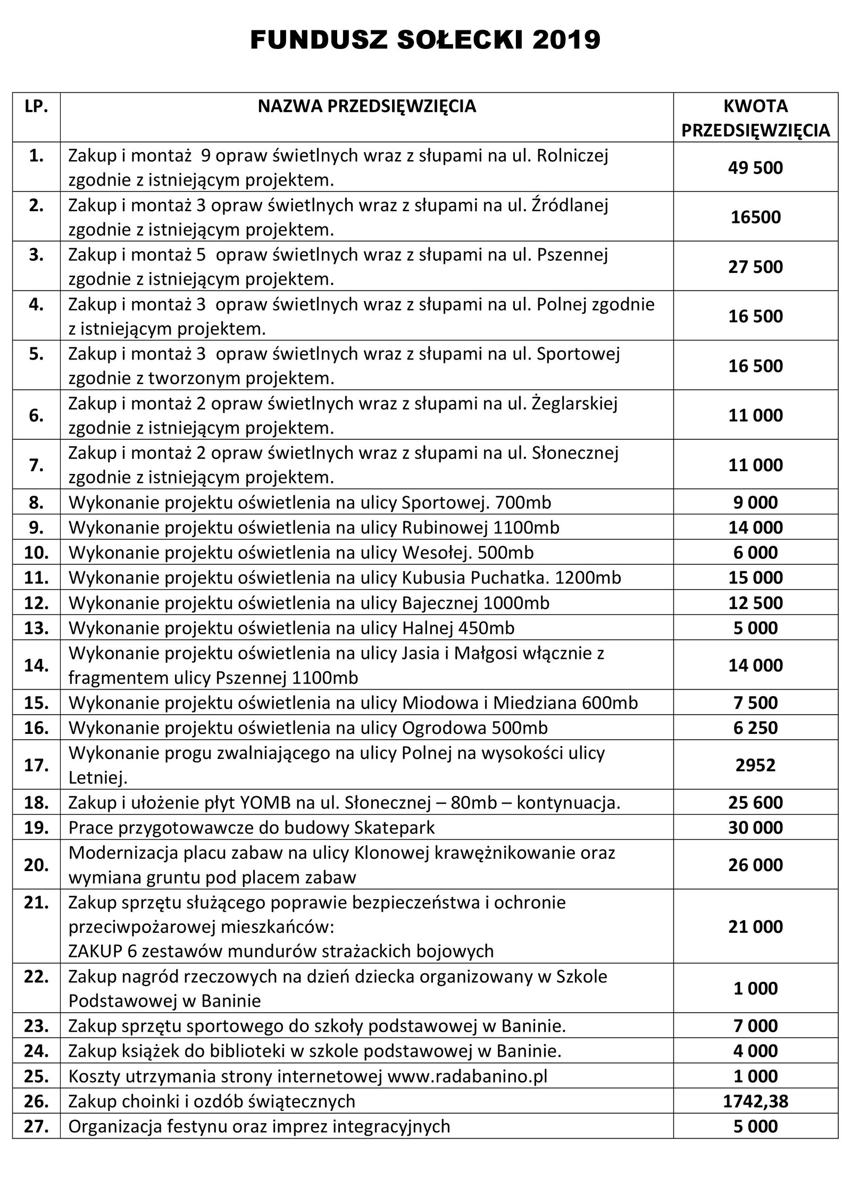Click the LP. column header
(x=36, y=107)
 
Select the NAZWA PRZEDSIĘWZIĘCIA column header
(x=367, y=106)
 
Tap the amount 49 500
(x=755, y=168)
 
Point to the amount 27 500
(x=755, y=266)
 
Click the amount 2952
(x=755, y=765)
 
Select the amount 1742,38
(x=755, y=1101)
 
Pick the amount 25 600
(x=755, y=803)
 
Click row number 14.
(x=36, y=665)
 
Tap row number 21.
(x=36, y=903)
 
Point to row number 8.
(x=36, y=503)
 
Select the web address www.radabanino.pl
(x=468, y=1076)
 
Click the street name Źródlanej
(x=570, y=205)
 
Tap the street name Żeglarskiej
(x=574, y=404)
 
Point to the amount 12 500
(x=755, y=603)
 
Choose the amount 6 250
(x=755, y=728)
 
